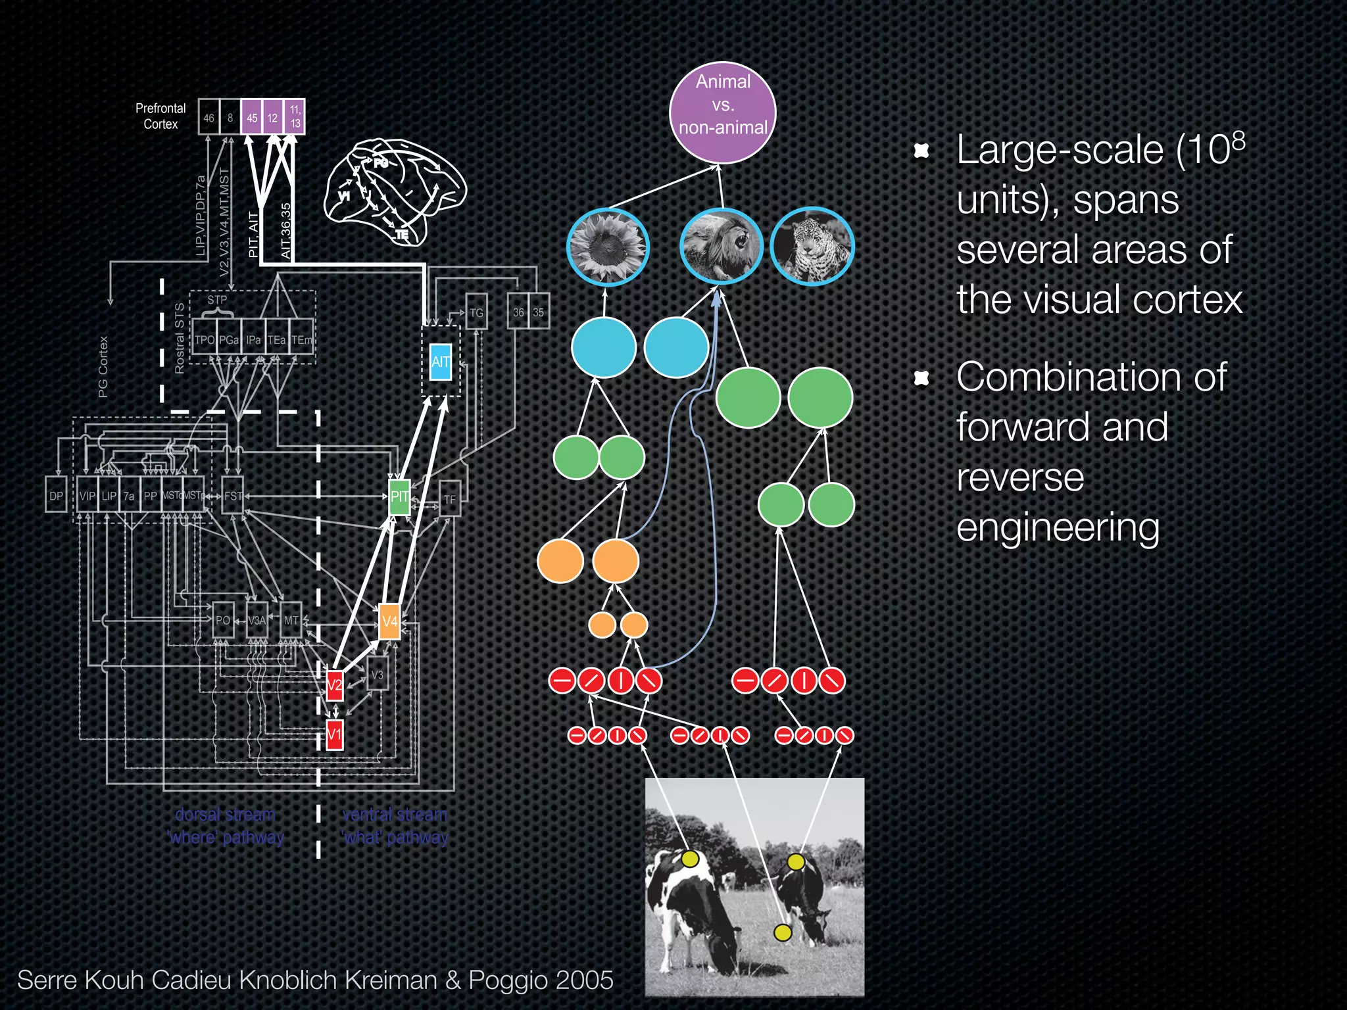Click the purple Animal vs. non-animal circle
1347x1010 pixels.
[722, 112]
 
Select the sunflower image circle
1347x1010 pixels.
[607, 247]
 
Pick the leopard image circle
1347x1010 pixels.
[812, 247]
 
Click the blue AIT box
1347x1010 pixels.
[440, 362]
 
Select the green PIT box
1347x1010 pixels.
[399, 496]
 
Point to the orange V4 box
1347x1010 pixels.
[389, 621]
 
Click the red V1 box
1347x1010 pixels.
[335, 734]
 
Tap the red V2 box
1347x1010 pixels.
[335, 685]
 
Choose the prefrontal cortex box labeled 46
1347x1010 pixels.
[208, 118]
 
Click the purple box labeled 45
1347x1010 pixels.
[252, 118]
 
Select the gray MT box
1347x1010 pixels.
[291, 620]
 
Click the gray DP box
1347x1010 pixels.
[56, 496]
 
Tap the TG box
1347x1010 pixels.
[476, 312]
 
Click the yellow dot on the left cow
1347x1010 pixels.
[690, 859]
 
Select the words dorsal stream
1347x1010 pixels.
[225, 815]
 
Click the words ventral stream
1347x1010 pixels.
[395, 815]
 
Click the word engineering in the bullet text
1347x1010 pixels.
[1057, 528]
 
